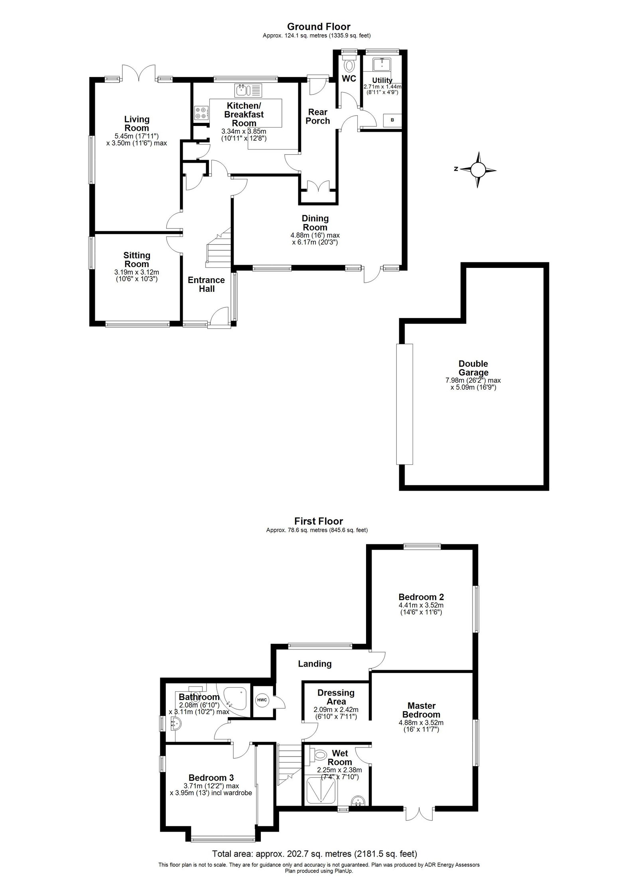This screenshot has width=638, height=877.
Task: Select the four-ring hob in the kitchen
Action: tap(200, 113)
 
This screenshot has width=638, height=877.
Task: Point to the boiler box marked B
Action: tap(392, 120)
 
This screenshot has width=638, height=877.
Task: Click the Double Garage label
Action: tap(473, 368)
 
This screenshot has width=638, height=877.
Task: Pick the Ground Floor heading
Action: tap(319, 27)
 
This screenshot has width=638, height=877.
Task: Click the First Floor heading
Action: tap(319, 521)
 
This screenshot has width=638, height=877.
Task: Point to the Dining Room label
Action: tap(315, 223)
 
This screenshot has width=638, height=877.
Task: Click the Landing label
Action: tap(315, 664)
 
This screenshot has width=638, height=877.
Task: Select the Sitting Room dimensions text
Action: tap(136, 275)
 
